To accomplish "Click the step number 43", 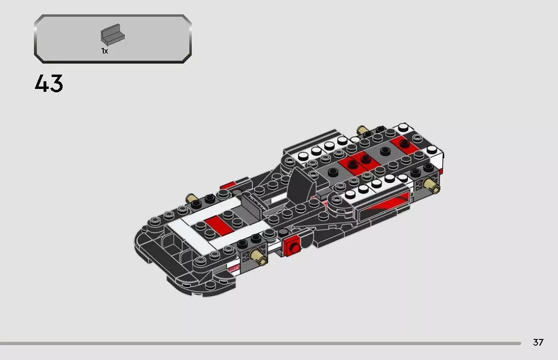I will [x=49, y=84].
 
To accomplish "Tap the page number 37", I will [x=538, y=342].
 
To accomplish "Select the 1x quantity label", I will [x=105, y=51].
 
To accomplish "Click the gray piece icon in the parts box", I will [x=112, y=35].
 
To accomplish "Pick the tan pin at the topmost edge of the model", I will [x=362, y=131].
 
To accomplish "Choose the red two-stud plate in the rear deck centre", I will [x=359, y=162].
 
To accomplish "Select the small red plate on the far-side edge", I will [x=228, y=185].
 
